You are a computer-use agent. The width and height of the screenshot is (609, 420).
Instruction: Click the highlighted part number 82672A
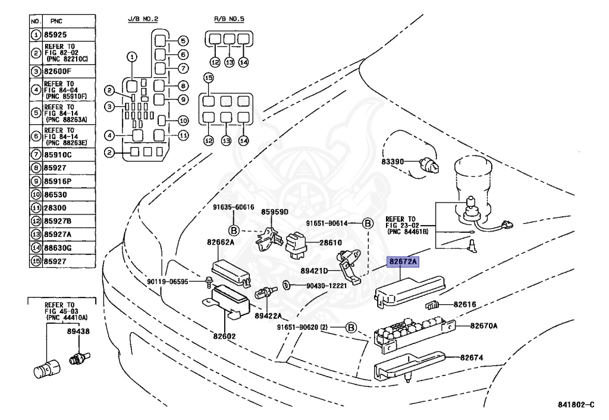click(x=403, y=262)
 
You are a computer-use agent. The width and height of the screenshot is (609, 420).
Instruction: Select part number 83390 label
click(x=393, y=162)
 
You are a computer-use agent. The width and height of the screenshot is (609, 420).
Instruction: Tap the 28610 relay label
click(x=331, y=243)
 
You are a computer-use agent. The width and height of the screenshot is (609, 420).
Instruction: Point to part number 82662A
click(x=221, y=242)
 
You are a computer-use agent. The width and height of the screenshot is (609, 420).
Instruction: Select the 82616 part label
click(x=465, y=304)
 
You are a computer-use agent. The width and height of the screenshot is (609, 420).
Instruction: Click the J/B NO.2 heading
click(x=143, y=19)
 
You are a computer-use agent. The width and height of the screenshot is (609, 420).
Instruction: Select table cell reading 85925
click(x=55, y=34)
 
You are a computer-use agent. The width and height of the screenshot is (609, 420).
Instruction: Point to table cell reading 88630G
click(x=57, y=247)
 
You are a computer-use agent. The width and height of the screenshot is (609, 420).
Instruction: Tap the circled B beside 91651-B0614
click(x=368, y=223)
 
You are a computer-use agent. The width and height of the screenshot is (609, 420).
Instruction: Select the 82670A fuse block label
click(x=484, y=326)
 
